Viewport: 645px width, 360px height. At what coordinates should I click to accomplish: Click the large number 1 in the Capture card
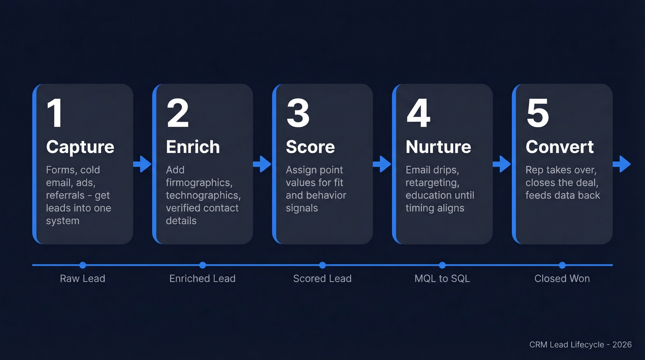point(55,113)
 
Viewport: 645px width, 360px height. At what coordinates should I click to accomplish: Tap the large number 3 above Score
point(298,113)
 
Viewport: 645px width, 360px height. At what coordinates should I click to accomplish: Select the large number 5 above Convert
point(538,113)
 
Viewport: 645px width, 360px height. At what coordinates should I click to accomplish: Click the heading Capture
point(80,147)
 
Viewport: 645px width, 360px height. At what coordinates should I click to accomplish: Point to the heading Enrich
point(193,147)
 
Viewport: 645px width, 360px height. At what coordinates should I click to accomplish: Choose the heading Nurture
point(438,147)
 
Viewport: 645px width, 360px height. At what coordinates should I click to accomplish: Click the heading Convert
point(560,147)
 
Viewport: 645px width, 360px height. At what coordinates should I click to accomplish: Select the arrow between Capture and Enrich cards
point(142,164)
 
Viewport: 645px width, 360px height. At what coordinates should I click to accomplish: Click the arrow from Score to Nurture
point(382,164)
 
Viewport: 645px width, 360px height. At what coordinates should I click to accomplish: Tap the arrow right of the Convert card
point(622,164)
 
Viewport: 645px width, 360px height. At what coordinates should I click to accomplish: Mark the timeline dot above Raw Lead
point(82,265)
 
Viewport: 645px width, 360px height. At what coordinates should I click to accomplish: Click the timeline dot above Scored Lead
point(322,265)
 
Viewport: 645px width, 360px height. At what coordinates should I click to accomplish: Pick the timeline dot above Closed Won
point(562,265)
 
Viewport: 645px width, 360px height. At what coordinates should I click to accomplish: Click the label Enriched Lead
point(202,278)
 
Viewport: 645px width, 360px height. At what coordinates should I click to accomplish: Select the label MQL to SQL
point(442,278)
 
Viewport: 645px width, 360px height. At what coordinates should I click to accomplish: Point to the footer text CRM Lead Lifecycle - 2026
point(580,345)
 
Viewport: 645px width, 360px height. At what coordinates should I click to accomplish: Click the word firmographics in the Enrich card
point(198,183)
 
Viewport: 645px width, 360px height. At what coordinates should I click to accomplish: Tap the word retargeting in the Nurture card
point(432,183)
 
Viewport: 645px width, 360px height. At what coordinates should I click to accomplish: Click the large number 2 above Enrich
point(178,113)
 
